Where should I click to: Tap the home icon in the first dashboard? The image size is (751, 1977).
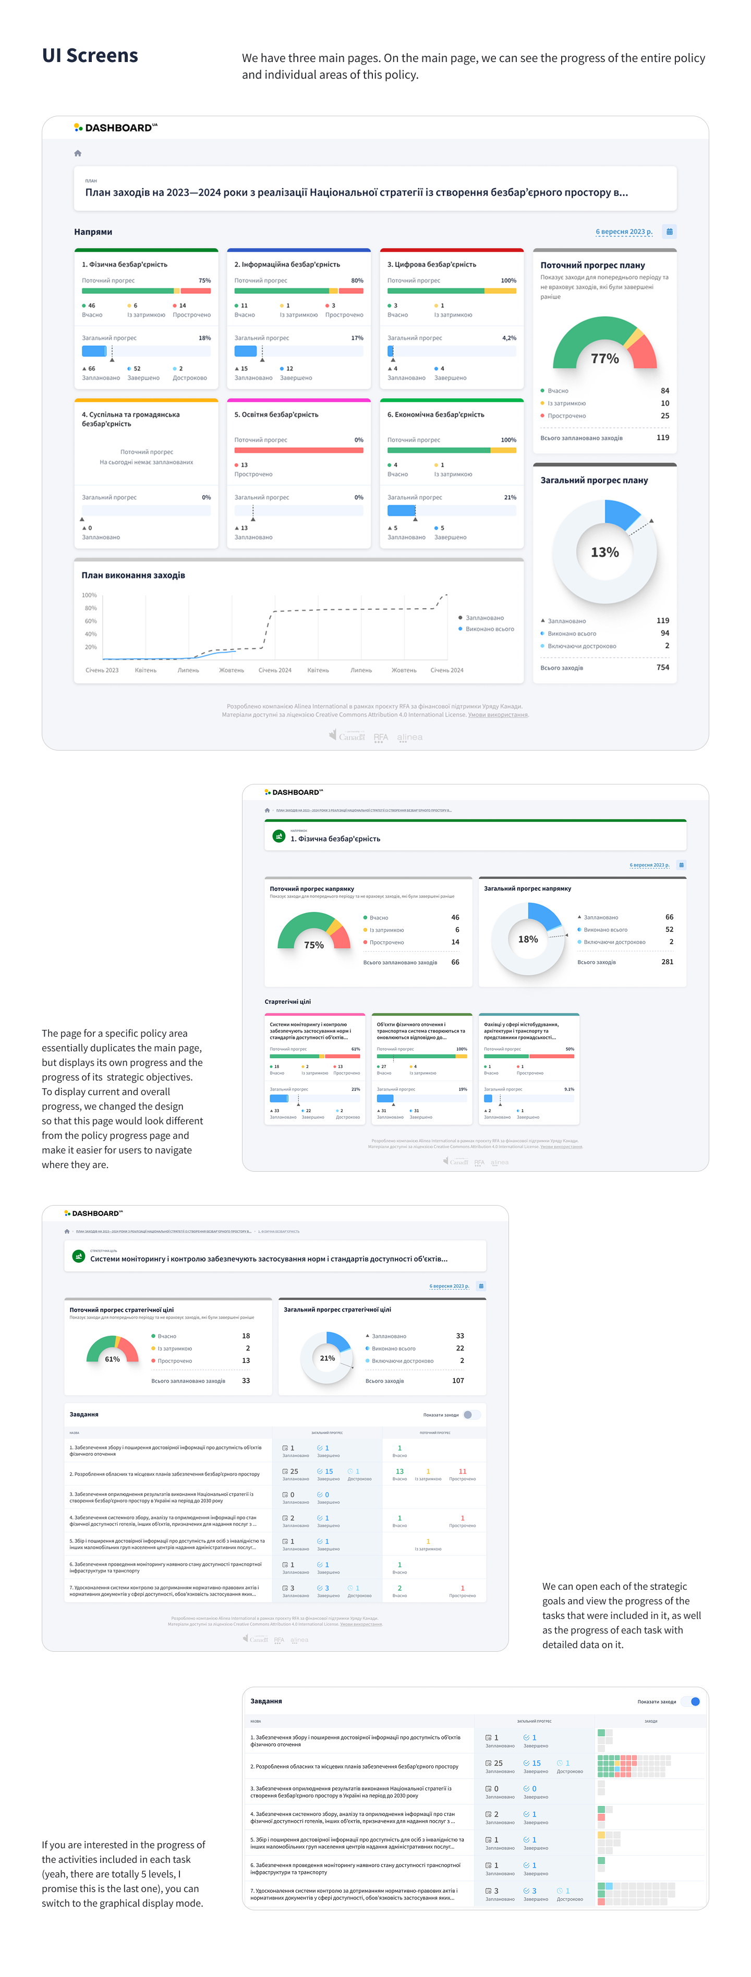coord(78,153)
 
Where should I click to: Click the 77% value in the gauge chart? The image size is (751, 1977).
coord(604,359)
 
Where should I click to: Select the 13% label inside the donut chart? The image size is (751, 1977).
coord(604,552)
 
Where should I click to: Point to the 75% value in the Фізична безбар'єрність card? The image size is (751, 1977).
coord(204,281)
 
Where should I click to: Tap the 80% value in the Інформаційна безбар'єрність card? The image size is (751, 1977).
coord(357,281)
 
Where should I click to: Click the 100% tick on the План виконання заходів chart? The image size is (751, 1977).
coord(89,596)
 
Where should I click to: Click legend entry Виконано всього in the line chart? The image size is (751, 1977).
coord(489,629)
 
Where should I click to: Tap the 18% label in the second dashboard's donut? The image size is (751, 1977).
coord(528,939)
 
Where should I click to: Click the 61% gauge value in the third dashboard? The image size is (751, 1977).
coord(112,1359)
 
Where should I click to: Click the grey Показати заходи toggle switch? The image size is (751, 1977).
coord(471,1415)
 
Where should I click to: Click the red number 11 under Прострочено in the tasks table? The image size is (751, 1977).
coord(462,1471)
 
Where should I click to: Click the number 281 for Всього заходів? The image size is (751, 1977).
coord(668,962)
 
